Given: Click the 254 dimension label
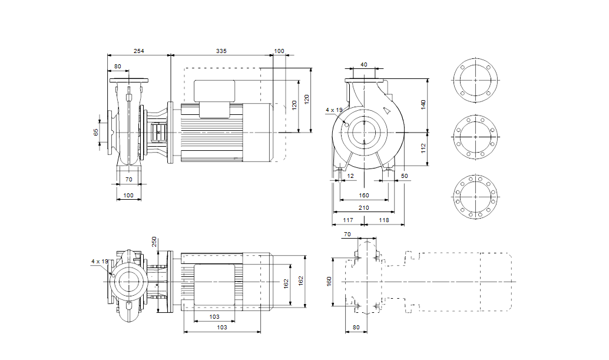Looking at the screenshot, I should (x=138, y=52).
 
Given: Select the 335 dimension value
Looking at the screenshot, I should (x=221, y=52).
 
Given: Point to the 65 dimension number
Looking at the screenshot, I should (x=97, y=132).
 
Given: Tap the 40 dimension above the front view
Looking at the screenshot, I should (x=363, y=64).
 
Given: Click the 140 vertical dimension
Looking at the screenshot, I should (x=423, y=104).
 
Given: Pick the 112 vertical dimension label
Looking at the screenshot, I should (x=423, y=148).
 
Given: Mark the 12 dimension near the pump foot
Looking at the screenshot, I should (x=350, y=176).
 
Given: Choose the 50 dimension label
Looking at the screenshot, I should (x=404, y=176).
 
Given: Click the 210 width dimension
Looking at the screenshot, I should (x=363, y=208).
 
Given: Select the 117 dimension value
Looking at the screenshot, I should (x=347, y=220).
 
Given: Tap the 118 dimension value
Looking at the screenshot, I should (x=383, y=220).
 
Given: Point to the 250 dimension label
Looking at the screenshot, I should (x=155, y=242).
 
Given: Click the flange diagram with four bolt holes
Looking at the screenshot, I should (x=475, y=80).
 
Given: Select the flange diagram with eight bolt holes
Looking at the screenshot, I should (x=475, y=137).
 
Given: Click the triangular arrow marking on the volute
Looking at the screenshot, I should (x=386, y=110).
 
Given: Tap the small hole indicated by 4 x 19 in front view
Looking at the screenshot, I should (x=346, y=124).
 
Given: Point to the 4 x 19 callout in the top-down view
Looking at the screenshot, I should (x=100, y=261).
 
